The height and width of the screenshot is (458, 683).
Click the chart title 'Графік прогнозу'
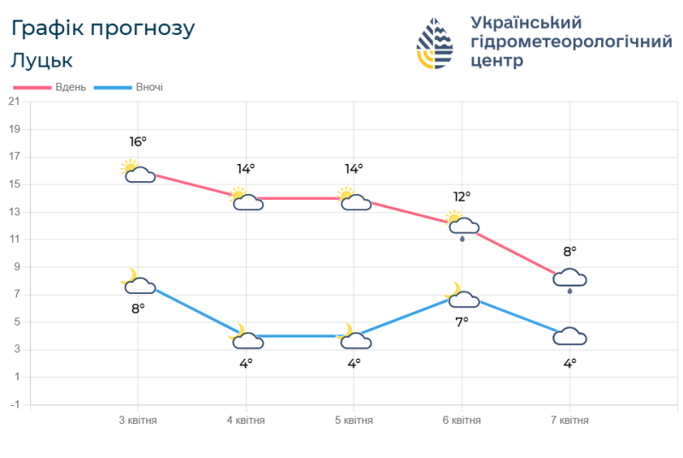(103, 28)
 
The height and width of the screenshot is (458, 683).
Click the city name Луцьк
(42, 61)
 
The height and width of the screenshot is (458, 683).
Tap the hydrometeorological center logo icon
(435, 43)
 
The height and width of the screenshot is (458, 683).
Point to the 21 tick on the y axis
(14, 102)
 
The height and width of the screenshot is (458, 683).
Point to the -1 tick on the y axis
(14, 404)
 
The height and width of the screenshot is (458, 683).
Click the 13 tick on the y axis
(14, 212)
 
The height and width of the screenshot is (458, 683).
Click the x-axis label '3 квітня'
(137, 420)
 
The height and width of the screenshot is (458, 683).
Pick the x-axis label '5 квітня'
(353, 420)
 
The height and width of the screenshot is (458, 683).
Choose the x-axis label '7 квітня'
(569, 420)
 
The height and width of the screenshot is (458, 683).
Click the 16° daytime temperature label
(137, 142)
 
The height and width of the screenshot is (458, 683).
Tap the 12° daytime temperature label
(462, 197)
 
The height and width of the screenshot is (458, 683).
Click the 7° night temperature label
(462, 321)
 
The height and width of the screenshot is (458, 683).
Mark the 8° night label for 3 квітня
(137, 308)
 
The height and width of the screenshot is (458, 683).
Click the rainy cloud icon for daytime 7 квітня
(569, 279)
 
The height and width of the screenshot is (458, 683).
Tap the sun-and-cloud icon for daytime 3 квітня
(137, 172)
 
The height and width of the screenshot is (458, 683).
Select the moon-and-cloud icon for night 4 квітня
(246, 338)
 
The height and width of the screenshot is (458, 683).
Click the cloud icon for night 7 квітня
(569, 337)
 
